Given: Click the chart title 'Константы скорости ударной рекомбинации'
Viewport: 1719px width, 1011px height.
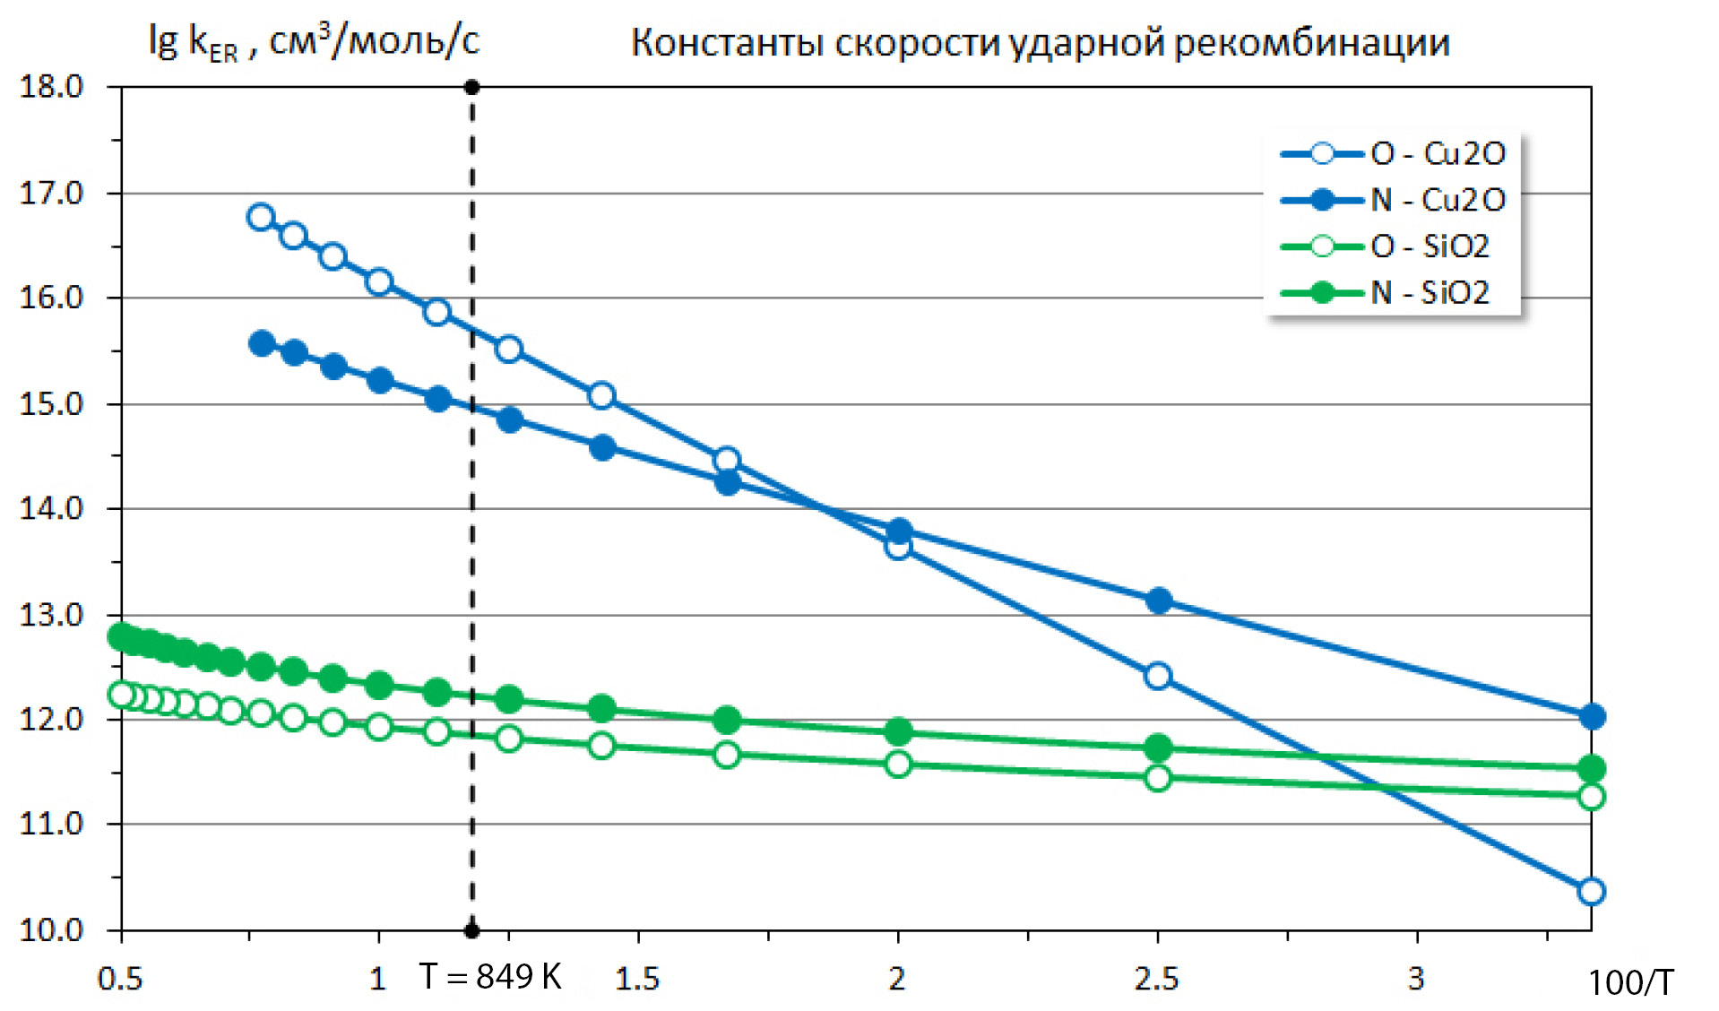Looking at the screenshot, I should (1040, 43).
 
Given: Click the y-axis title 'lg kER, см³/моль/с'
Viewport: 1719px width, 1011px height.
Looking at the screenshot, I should (314, 41).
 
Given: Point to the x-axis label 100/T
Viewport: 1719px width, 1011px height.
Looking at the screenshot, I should (1629, 983).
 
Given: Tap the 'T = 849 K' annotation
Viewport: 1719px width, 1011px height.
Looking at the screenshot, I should (490, 976).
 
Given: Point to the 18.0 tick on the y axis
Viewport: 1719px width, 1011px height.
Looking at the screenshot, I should (51, 87).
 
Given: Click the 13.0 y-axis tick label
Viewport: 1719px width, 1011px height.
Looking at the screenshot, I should (51, 615).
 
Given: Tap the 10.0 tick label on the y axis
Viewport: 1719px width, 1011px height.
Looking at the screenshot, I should (51, 930).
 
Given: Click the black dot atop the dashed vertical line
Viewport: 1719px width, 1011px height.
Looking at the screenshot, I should (472, 87).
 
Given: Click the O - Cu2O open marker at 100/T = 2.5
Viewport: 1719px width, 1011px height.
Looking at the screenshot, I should (1158, 676).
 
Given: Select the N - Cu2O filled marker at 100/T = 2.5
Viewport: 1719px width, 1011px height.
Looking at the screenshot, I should (1159, 601).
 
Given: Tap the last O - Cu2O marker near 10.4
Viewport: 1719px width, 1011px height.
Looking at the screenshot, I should (1592, 892).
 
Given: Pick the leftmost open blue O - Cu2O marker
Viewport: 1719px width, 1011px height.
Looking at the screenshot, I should (261, 217).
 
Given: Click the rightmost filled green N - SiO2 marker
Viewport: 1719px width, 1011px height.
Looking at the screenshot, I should (1592, 768).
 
